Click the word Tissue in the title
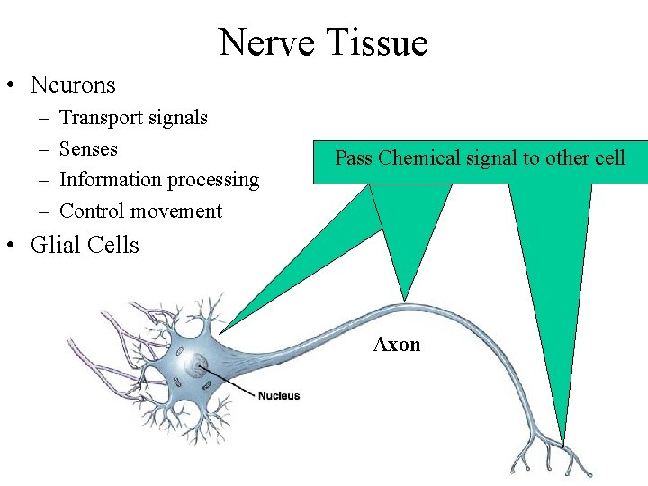click(378, 42)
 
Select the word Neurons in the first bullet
click(73, 85)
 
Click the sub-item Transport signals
click(133, 117)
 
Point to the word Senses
click(88, 148)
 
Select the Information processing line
click(158, 179)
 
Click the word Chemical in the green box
click(420, 158)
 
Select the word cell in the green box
click(609, 158)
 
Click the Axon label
click(397, 345)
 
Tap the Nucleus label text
click(279, 395)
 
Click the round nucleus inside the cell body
click(197, 365)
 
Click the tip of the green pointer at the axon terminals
click(564, 445)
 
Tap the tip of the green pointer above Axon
click(405, 299)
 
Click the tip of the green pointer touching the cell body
click(222, 332)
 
